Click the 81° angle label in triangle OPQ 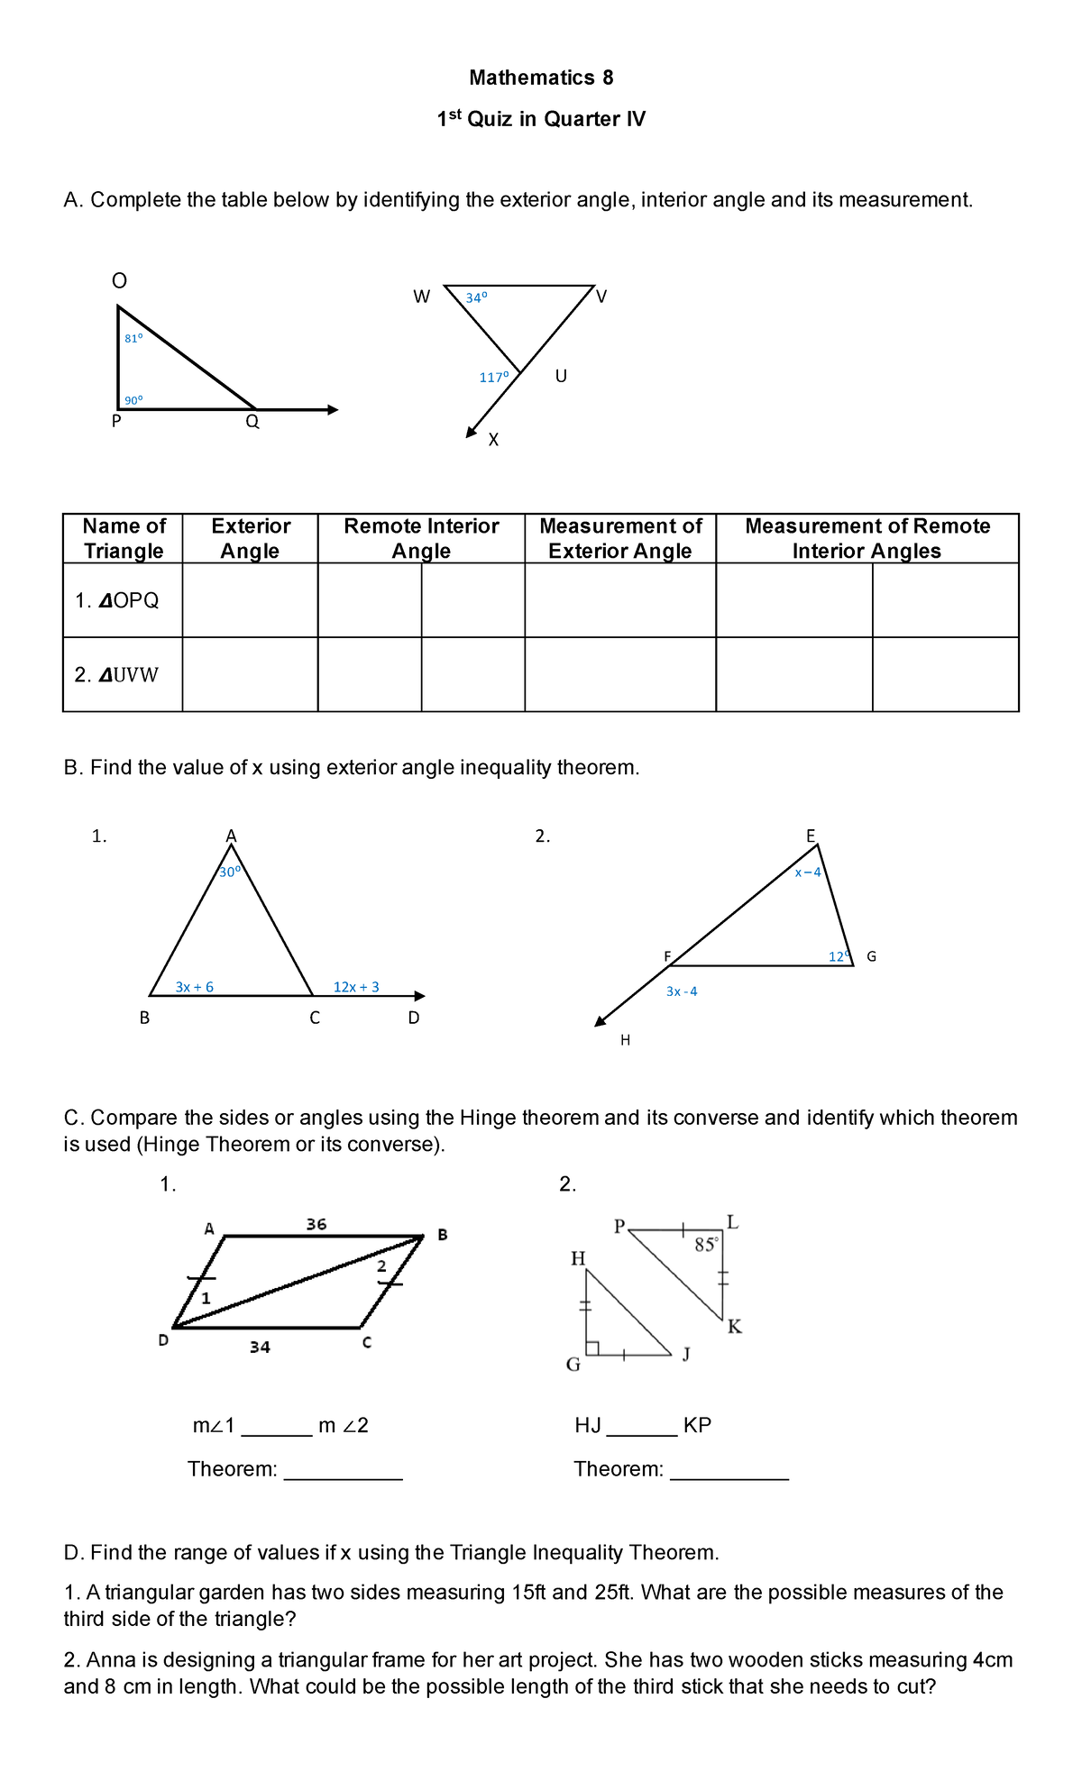pyautogui.click(x=133, y=339)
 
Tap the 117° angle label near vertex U pyautogui.click(x=493, y=378)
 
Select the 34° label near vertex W pyautogui.click(x=476, y=297)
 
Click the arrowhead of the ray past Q pyautogui.click(x=333, y=410)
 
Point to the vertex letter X pyautogui.click(x=493, y=440)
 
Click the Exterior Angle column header pyautogui.click(x=250, y=538)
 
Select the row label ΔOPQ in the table pyautogui.click(x=117, y=600)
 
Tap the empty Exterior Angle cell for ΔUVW pyautogui.click(x=250, y=674)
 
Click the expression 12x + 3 pyautogui.click(x=356, y=987)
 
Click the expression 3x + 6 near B pyautogui.click(x=194, y=987)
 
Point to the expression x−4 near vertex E pyautogui.click(x=807, y=872)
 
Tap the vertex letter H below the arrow pyautogui.click(x=625, y=1040)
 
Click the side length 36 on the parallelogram pyautogui.click(x=316, y=1224)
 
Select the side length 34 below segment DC pyautogui.click(x=260, y=1347)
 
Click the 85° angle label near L pyautogui.click(x=706, y=1246)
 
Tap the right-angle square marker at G pyautogui.click(x=593, y=1347)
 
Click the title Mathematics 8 pyautogui.click(x=541, y=78)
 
